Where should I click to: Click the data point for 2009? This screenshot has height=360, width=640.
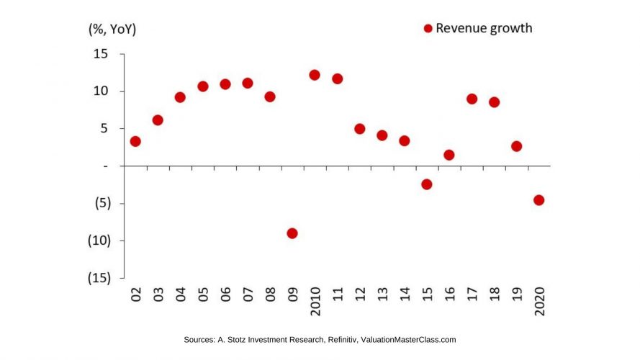click(292, 233)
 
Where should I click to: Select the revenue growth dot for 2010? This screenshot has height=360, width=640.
click(315, 75)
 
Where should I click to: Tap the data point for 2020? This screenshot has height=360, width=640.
click(538, 200)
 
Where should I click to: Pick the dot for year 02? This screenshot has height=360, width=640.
click(135, 141)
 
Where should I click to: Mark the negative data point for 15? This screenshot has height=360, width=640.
click(426, 184)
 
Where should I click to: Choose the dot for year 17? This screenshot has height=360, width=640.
click(472, 99)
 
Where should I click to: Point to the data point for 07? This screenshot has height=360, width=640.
click(248, 83)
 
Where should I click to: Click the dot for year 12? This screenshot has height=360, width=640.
click(359, 129)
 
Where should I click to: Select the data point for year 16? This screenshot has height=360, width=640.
click(449, 155)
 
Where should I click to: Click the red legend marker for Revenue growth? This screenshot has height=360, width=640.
click(428, 29)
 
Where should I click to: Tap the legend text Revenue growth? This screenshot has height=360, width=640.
click(484, 29)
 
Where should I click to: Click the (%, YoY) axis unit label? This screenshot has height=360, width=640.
click(112, 30)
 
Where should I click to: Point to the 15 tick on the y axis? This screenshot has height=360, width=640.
click(100, 54)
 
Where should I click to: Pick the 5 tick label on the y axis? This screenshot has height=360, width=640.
click(104, 129)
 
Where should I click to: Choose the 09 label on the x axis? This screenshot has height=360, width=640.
click(292, 294)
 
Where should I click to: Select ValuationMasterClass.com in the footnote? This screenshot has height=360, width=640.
click(408, 340)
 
